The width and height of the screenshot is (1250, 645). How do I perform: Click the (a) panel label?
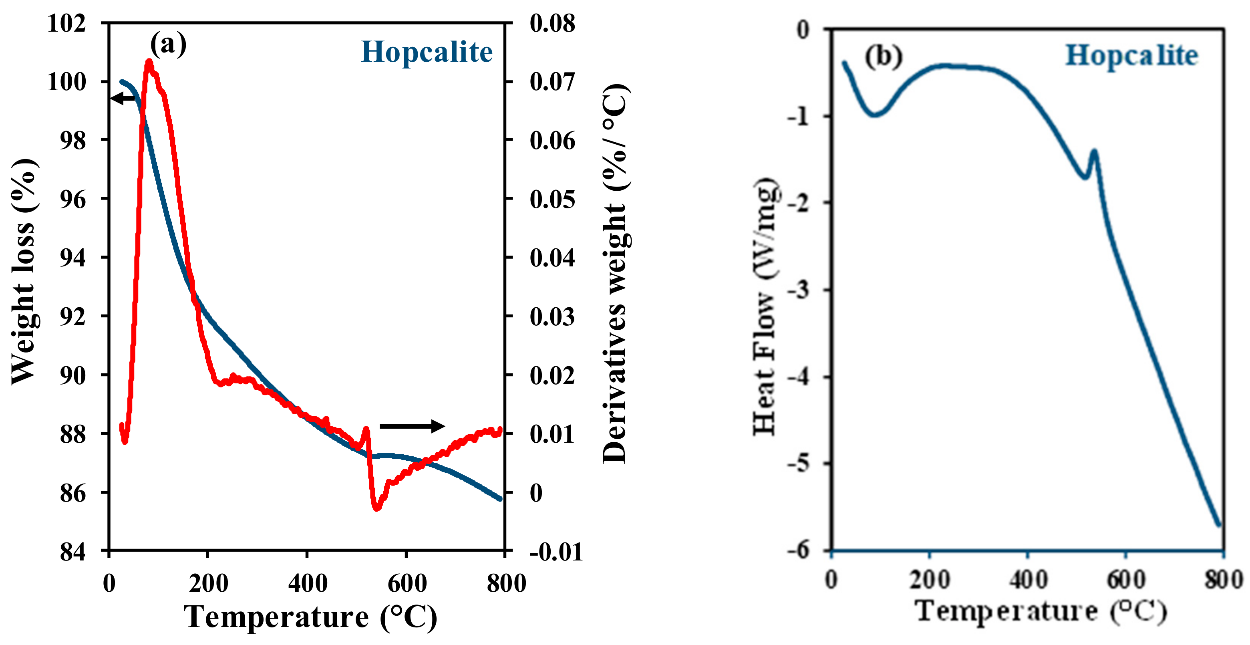(x=168, y=44)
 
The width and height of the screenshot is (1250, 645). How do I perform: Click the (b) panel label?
(x=883, y=56)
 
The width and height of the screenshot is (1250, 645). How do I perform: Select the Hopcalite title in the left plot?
(x=427, y=52)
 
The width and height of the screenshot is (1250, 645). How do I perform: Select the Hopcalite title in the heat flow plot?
(x=1131, y=55)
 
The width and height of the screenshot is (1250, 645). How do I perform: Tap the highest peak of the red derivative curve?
(x=149, y=62)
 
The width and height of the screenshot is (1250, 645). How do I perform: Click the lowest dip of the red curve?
(x=376, y=508)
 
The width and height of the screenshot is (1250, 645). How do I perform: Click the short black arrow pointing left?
(x=123, y=98)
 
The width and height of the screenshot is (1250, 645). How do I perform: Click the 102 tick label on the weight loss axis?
(x=66, y=23)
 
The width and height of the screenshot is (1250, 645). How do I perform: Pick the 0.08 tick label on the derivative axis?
(x=552, y=23)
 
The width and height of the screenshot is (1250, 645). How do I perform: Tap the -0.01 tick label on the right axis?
(x=556, y=552)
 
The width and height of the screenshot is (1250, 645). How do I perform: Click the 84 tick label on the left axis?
(x=73, y=552)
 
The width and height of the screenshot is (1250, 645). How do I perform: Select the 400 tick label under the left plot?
(x=308, y=583)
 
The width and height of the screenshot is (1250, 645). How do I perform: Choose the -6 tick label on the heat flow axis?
(x=798, y=550)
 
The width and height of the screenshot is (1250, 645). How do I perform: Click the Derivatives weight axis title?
(x=615, y=274)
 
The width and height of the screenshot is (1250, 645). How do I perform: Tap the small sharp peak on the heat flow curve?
(x=1094, y=152)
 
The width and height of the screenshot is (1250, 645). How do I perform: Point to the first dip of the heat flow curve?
(x=874, y=115)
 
